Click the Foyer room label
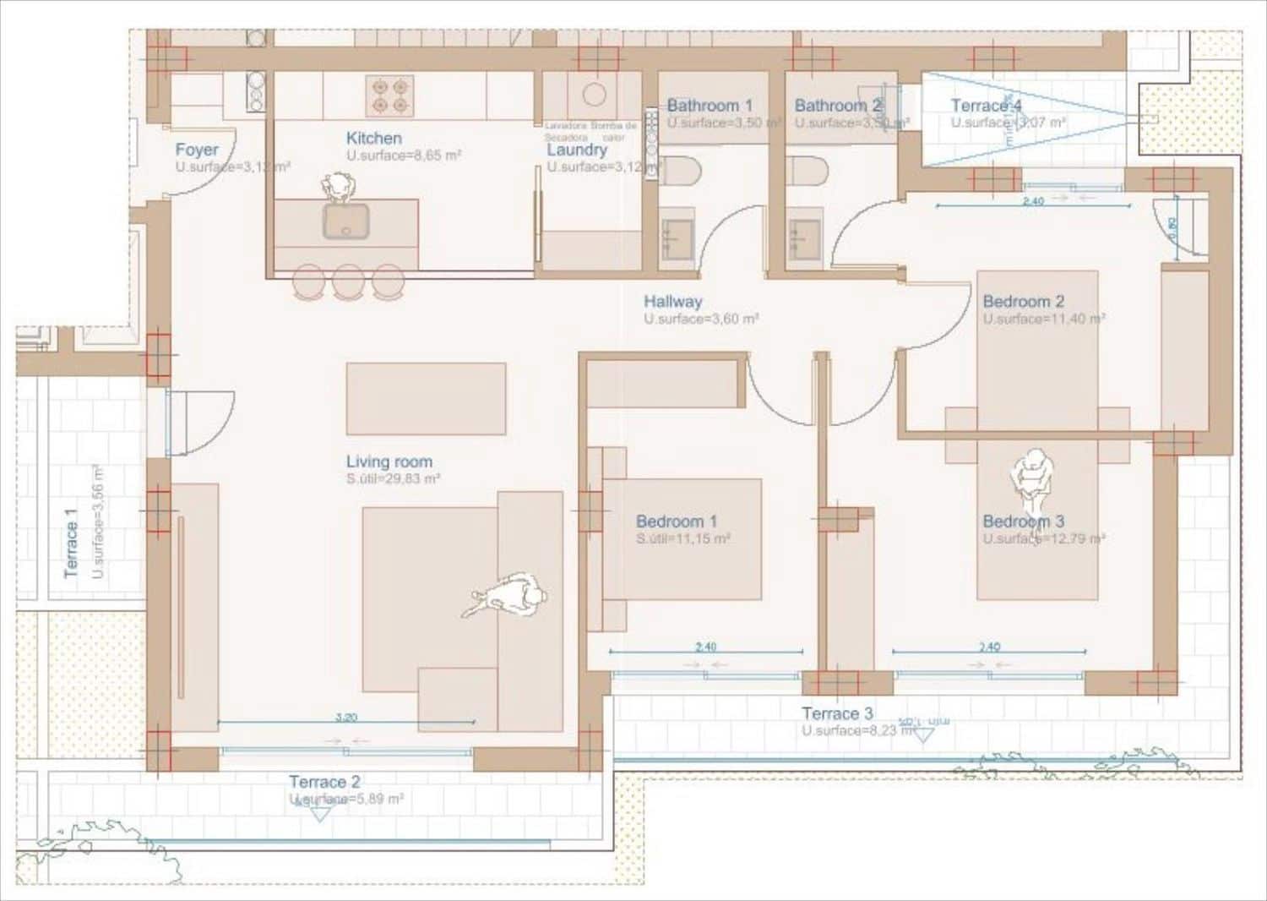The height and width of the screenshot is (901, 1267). pyautogui.click(x=197, y=150)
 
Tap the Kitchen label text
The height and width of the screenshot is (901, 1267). pyautogui.click(x=374, y=138)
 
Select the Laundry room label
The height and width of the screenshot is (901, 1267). pyautogui.click(x=577, y=150)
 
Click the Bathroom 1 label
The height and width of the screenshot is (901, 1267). pyautogui.click(x=710, y=106)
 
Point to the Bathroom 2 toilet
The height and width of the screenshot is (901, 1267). pyautogui.click(x=808, y=172)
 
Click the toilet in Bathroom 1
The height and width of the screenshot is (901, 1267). pyautogui.click(x=680, y=172)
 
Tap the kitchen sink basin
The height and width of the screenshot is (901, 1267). pyautogui.click(x=345, y=221)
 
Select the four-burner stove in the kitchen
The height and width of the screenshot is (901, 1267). pyautogui.click(x=389, y=96)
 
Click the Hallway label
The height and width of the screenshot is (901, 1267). pyautogui.click(x=672, y=301)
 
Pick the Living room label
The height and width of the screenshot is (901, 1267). pyautogui.click(x=389, y=461)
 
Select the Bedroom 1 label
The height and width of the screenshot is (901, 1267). pyautogui.click(x=677, y=521)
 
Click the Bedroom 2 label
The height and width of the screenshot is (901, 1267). pyautogui.click(x=1024, y=301)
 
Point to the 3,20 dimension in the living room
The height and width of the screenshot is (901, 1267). pyautogui.click(x=346, y=717)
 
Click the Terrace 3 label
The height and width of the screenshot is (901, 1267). pyautogui.click(x=837, y=713)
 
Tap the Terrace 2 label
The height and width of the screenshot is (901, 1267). pyautogui.click(x=324, y=782)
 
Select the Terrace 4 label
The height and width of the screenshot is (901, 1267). pyautogui.click(x=986, y=106)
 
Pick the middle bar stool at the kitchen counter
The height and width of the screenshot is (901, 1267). pyautogui.click(x=348, y=281)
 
